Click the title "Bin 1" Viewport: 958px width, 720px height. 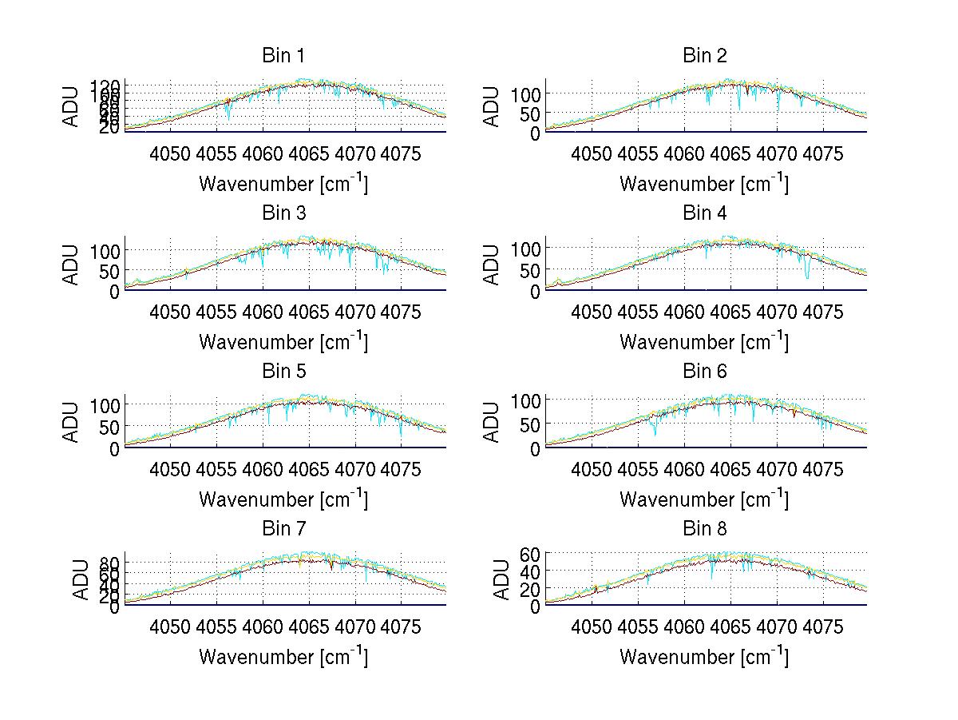283,56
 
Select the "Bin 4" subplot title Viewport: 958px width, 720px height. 705,213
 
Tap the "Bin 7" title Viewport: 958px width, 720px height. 283,529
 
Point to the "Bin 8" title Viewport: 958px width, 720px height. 705,529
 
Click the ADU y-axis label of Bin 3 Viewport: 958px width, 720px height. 73,265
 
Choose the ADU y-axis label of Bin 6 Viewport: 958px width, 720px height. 493,422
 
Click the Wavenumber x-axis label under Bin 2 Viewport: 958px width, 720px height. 704,184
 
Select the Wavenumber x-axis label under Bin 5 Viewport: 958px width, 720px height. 283,499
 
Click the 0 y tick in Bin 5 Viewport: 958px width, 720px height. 115,448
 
